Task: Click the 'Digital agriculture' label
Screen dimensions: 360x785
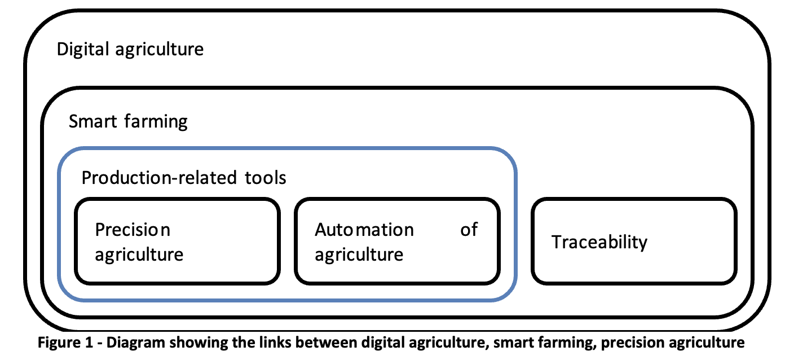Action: [130, 49]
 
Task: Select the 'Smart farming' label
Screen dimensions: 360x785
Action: [128, 121]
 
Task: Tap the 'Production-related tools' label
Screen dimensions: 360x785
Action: [184, 178]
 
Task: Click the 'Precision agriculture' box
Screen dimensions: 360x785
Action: [178, 241]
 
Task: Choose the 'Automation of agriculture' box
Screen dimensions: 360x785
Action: [396, 241]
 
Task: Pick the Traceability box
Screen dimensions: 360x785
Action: [634, 241]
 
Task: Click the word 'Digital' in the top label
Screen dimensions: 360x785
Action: [83, 49]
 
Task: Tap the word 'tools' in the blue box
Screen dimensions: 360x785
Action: [266, 178]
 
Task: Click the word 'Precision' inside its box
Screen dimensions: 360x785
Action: [133, 230]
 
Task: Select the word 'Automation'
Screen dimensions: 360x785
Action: [364, 230]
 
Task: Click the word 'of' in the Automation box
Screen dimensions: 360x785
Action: [469, 230]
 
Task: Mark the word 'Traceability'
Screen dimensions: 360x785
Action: [599, 242]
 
